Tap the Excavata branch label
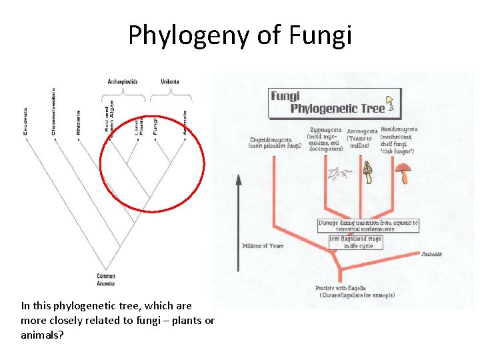(25, 121)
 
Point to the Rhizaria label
(78, 123)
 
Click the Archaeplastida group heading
(122, 81)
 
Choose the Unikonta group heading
(169, 81)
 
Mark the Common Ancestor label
(106, 278)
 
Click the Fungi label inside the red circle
(155, 125)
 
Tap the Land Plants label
(139, 125)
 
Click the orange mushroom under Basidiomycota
(402, 175)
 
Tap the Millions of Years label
(262, 245)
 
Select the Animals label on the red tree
(432, 254)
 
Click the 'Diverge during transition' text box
(368, 225)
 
